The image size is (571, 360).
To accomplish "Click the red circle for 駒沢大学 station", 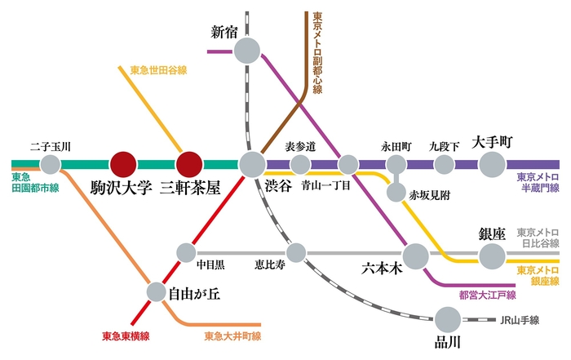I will coord(123,164).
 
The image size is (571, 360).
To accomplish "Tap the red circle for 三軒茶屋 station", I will coord(189,164).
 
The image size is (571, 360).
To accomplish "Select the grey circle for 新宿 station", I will coord(246,51).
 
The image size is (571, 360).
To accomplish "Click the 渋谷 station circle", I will coord(252,164).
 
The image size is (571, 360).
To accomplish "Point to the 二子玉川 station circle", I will coord(51,165).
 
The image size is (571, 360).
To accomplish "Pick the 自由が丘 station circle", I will coord(157,291).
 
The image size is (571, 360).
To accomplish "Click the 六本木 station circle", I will coord(416,256).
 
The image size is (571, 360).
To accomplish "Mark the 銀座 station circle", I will coord(492,256).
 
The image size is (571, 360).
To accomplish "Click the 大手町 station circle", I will coord(492,165).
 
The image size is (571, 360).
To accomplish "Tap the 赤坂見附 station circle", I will coord(396,193).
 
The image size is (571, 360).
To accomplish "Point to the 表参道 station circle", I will coord(300,165).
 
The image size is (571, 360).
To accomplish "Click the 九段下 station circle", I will coord(444,165).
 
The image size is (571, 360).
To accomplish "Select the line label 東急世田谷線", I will coord(159,70).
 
